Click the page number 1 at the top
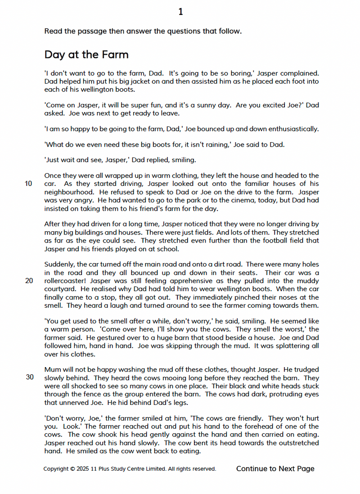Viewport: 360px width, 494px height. click(x=180, y=12)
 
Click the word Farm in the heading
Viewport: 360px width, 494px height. click(x=114, y=55)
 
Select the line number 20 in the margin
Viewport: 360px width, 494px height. click(x=29, y=281)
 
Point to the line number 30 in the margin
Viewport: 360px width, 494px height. click(x=30, y=377)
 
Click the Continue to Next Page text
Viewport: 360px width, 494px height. click(x=275, y=469)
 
